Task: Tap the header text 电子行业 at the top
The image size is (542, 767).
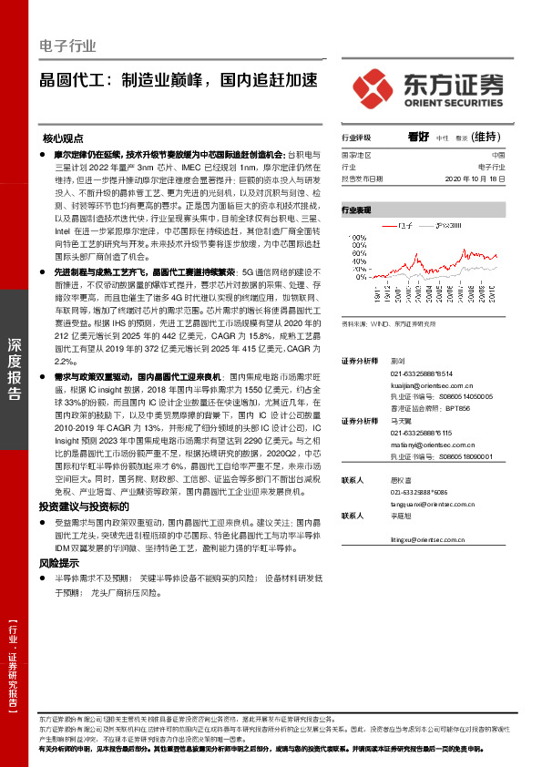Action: click(x=67, y=46)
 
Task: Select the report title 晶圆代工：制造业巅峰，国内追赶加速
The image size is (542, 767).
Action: click(x=179, y=80)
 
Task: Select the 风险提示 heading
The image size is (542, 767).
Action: click(x=61, y=565)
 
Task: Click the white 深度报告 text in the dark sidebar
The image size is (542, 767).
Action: click(x=14, y=368)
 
